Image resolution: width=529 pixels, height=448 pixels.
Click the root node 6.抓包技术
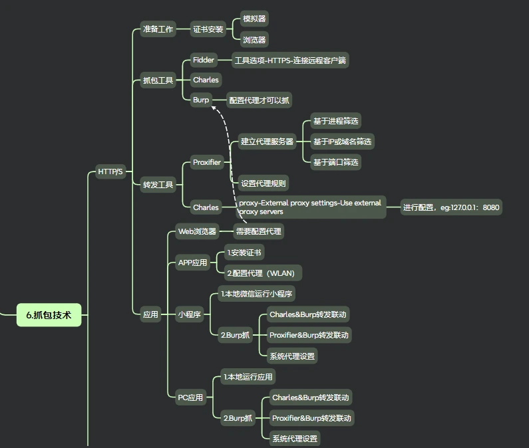click(x=49, y=315)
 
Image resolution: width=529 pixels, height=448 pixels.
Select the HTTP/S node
click(x=110, y=171)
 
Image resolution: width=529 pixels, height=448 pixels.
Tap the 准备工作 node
click(x=158, y=29)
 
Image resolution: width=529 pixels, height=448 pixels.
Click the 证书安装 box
click(x=208, y=29)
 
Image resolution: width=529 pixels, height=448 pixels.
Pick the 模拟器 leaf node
click(x=254, y=19)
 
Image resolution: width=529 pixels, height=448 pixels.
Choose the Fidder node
click(x=204, y=60)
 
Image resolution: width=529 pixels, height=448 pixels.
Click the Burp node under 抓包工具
click(x=201, y=100)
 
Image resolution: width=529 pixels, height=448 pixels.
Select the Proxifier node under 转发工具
click(x=207, y=162)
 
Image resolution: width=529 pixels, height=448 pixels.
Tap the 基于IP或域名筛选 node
click(x=342, y=142)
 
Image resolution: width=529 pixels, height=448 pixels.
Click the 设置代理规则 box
click(x=264, y=183)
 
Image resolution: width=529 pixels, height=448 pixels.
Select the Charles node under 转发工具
click(x=206, y=207)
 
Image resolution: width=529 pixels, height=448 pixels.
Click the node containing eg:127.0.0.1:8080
click(x=450, y=207)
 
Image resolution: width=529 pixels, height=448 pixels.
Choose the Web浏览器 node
click(x=197, y=231)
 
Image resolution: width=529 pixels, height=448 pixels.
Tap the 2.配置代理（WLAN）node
click(x=262, y=273)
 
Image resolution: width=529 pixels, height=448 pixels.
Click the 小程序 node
click(x=189, y=314)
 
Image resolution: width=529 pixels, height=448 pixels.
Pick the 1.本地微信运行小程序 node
click(x=257, y=293)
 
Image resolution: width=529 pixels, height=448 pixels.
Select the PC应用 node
click(x=190, y=397)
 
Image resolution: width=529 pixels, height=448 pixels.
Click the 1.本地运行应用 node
click(x=248, y=377)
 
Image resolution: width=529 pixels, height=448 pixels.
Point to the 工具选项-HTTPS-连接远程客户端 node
click(x=290, y=60)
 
